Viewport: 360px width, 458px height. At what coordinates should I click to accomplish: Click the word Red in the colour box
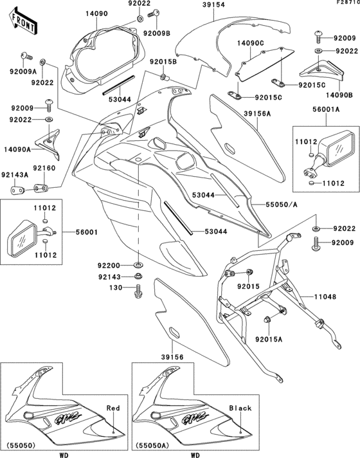[x=113, y=408]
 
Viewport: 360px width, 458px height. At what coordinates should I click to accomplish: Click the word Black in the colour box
[x=240, y=408]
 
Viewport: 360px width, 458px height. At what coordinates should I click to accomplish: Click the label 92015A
[x=270, y=338]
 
